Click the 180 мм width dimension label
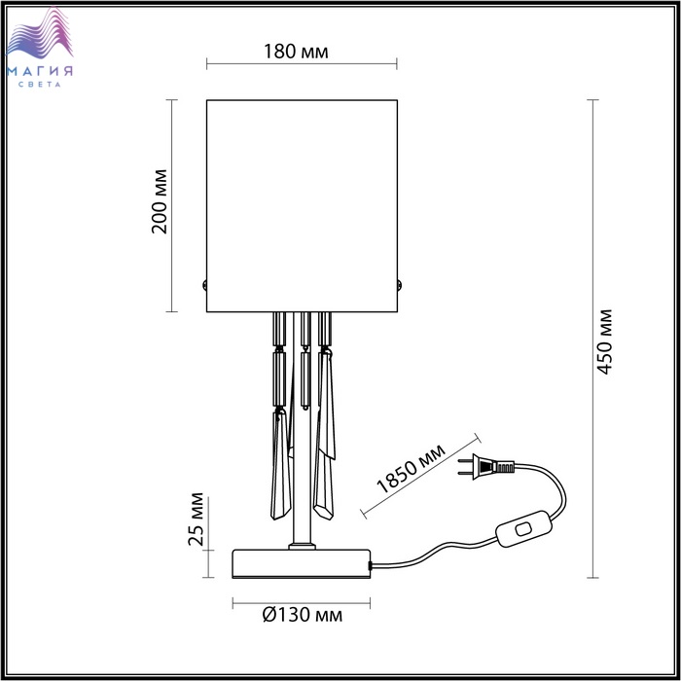click(296, 52)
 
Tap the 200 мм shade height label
click(159, 201)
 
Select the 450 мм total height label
click(604, 341)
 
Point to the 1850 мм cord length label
click(411, 469)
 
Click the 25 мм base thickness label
click(196, 519)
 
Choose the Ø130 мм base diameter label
click(303, 615)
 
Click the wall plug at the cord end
click(486, 467)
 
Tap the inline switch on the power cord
click(523, 528)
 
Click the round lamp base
click(302, 563)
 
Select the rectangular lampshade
click(302, 206)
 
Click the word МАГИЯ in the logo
click(40, 71)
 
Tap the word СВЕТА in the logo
click(40, 85)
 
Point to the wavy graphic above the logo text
click(40, 33)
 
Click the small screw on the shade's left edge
click(204, 285)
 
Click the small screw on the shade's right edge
click(400, 285)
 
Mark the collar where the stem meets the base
click(302, 546)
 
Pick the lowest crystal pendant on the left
click(280, 465)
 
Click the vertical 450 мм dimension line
click(592, 339)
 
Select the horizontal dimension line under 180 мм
click(302, 64)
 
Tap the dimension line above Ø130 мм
click(302, 603)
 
